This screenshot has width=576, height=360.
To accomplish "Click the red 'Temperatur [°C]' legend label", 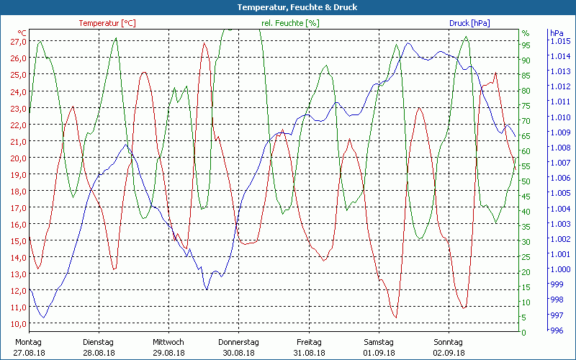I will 107,23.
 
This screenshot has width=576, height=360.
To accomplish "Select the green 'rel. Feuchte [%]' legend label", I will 290,23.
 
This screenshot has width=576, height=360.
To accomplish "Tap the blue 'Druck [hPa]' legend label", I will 469,23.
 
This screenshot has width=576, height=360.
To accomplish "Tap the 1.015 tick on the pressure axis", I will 559,41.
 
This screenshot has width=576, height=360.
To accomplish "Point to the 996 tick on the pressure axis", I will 557,331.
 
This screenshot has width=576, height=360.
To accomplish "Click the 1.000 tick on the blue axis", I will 559,270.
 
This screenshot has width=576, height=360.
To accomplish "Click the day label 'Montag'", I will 28,342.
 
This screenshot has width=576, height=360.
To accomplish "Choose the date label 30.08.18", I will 238,353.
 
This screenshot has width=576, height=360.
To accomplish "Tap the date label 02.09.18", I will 449,353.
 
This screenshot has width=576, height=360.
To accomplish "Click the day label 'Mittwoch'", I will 168,342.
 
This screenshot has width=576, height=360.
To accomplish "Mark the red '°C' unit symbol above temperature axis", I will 22,33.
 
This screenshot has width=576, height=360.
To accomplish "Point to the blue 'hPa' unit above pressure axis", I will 557,33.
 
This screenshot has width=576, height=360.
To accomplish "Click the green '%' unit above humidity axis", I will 526,33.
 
